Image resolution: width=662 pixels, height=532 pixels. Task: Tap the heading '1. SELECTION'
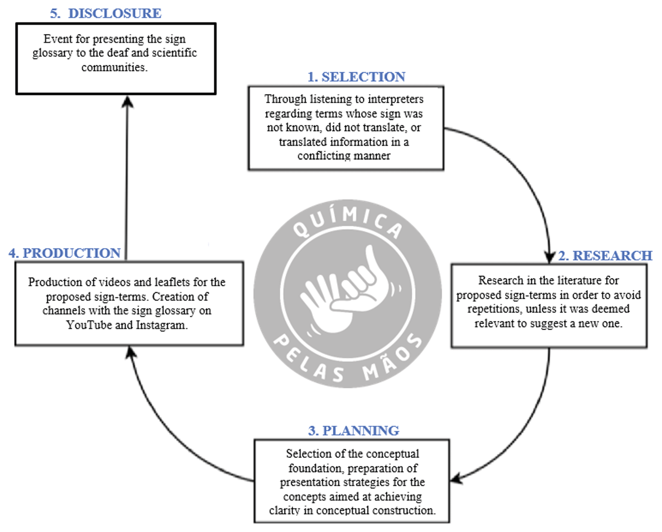[356, 77]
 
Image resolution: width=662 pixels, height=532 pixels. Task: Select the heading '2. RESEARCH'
[605, 255]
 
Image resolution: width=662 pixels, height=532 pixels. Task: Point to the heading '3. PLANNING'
[353, 430]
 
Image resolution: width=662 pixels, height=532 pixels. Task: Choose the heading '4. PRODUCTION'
[65, 253]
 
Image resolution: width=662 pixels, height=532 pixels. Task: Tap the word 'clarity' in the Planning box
[284, 510]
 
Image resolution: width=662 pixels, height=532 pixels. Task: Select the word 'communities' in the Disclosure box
[114, 67]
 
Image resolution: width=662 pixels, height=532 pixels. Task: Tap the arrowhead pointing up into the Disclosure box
[127, 101]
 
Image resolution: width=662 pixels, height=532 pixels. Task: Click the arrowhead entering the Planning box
[456, 479]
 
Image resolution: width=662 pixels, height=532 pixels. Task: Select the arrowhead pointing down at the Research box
[549, 257]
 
